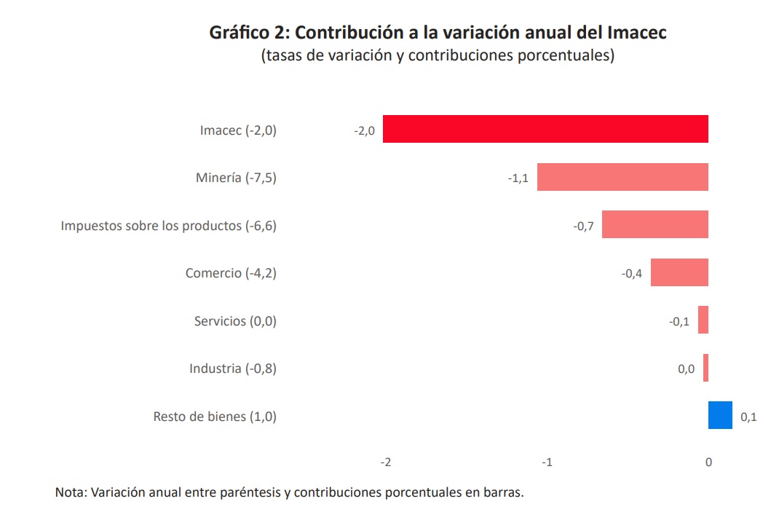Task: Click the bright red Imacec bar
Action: pos(545,129)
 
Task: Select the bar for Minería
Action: pos(622,177)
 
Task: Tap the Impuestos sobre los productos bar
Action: pos(655,224)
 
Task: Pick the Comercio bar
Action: pos(679,272)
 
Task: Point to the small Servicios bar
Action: pos(703,320)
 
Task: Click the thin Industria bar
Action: pos(705,368)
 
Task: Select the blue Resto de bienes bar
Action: pos(720,415)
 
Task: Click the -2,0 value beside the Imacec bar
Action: pos(364,130)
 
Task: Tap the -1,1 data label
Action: pos(518,178)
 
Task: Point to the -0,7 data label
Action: pos(583,226)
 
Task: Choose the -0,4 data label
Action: pos(631,274)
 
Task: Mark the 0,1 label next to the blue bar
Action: pos(748,417)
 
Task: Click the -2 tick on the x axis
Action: pos(386,462)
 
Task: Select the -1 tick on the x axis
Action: pos(547,462)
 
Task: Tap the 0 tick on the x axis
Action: pos(708,462)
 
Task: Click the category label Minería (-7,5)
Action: pos(236,178)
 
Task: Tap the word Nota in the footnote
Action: pos(71,492)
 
